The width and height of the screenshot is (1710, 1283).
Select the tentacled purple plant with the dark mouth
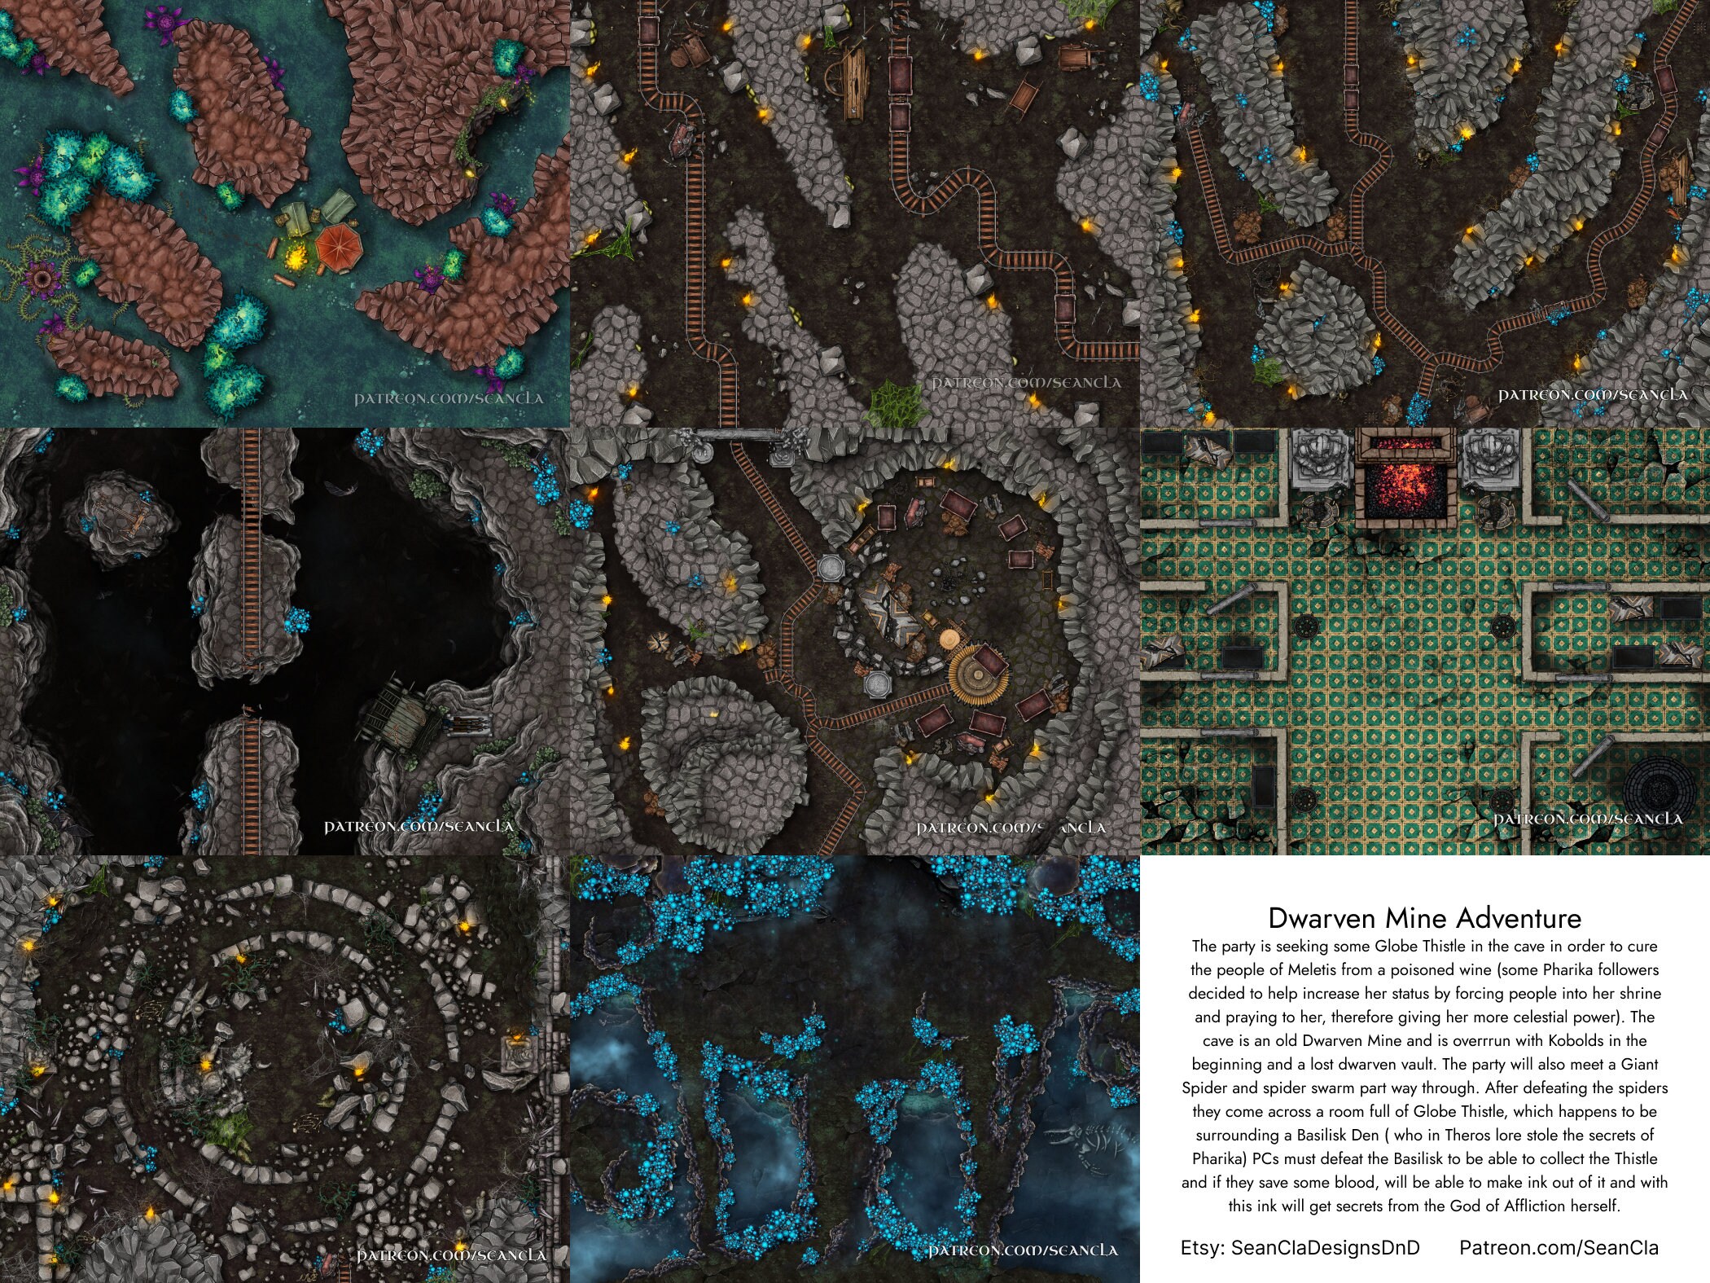click(40, 279)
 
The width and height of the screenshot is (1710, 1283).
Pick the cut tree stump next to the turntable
click(949, 636)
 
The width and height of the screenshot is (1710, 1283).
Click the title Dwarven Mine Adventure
click(1424, 918)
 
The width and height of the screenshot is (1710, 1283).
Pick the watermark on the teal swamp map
click(448, 398)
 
